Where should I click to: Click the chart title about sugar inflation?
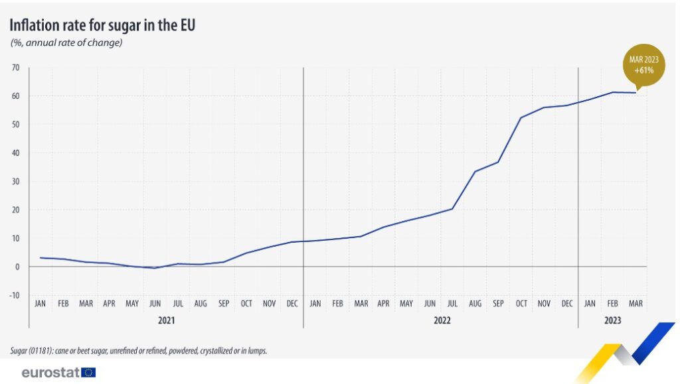pyautogui.click(x=102, y=25)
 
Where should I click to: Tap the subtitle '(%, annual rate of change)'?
pyautogui.click(x=66, y=43)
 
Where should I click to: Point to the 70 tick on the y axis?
pyautogui.click(x=15, y=68)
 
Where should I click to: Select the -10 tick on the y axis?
pyautogui.click(x=15, y=295)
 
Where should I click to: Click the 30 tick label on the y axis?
pyautogui.click(x=15, y=181)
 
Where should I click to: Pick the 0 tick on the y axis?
pyautogui.click(x=17, y=267)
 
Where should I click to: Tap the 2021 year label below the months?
pyautogui.click(x=166, y=320)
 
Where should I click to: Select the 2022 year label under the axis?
pyautogui.click(x=441, y=320)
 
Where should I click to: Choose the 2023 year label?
pyautogui.click(x=612, y=320)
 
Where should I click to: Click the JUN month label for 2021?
pyautogui.click(x=155, y=304)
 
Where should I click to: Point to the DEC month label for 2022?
pyautogui.click(x=566, y=304)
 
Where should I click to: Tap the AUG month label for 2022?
pyautogui.click(x=475, y=304)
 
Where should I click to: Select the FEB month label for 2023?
pyautogui.click(x=612, y=304)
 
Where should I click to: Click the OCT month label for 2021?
pyautogui.click(x=246, y=304)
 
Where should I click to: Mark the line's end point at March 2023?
pyautogui.click(x=636, y=92)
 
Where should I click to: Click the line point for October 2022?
pyautogui.click(x=521, y=117)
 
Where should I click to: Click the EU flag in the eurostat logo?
pyautogui.click(x=88, y=372)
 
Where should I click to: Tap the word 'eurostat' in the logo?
pyautogui.click(x=50, y=372)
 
